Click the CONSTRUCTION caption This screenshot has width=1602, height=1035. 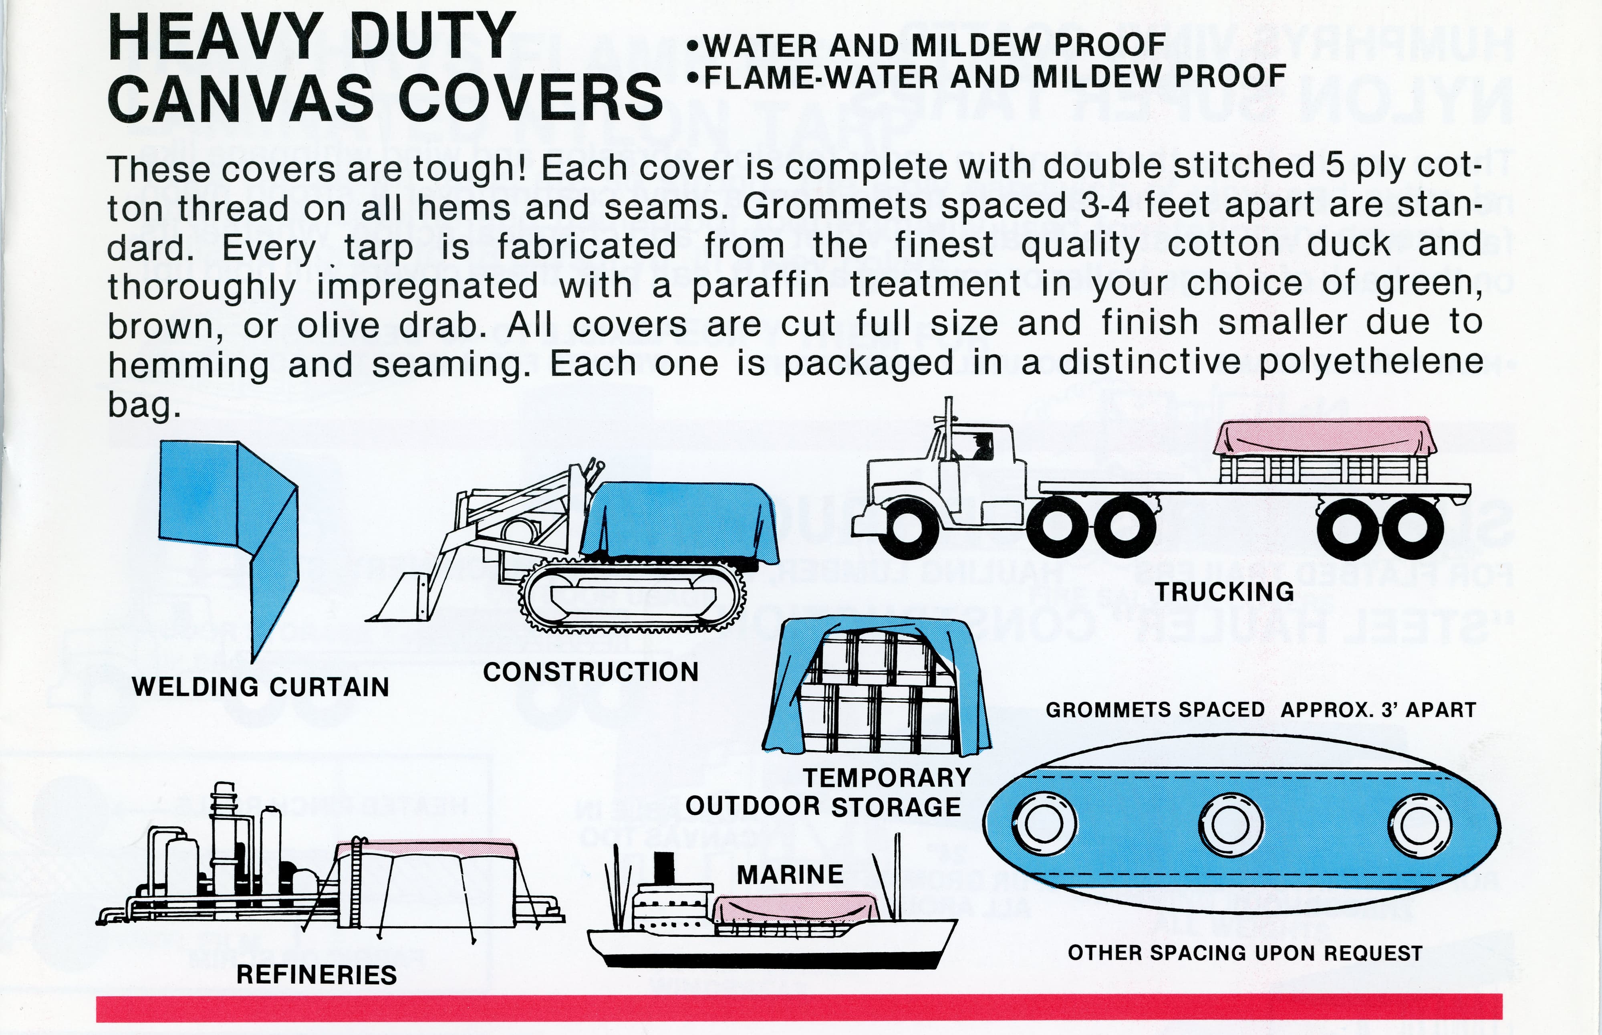coord(591,672)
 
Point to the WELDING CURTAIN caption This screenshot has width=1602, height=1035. coord(261,687)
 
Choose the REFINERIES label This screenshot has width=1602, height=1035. coord(316,974)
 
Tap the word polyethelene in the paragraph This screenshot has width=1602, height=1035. coord(1371,363)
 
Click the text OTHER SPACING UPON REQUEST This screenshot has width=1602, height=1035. coord(1245,953)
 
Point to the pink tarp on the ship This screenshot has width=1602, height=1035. coord(795,909)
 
